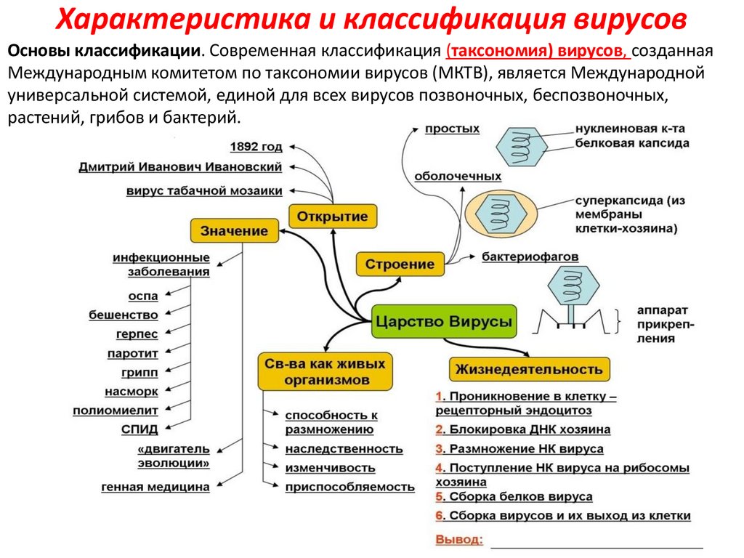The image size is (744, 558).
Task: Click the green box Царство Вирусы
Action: click(444, 320)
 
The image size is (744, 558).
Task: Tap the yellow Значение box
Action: click(234, 232)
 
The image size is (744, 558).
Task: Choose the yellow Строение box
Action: click(400, 264)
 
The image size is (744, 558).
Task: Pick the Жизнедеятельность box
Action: click(529, 369)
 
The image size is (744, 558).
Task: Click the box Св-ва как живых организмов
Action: click(325, 371)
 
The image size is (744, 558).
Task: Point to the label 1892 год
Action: click(256, 147)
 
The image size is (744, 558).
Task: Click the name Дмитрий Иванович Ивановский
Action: click(180, 167)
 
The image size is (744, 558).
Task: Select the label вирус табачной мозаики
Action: click(204, 191)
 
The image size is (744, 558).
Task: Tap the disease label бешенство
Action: click(124, 315)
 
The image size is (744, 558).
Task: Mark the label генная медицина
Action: click(155, 487)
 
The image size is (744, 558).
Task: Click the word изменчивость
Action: click(330, 468)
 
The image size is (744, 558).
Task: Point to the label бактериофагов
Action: click(530, 257)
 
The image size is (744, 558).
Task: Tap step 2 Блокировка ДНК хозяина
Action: click(522, 429)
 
